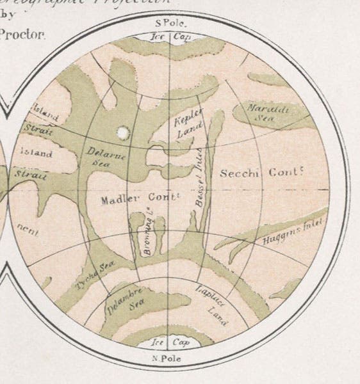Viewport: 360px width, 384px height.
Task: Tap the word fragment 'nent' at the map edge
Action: (x=24, y=228)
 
